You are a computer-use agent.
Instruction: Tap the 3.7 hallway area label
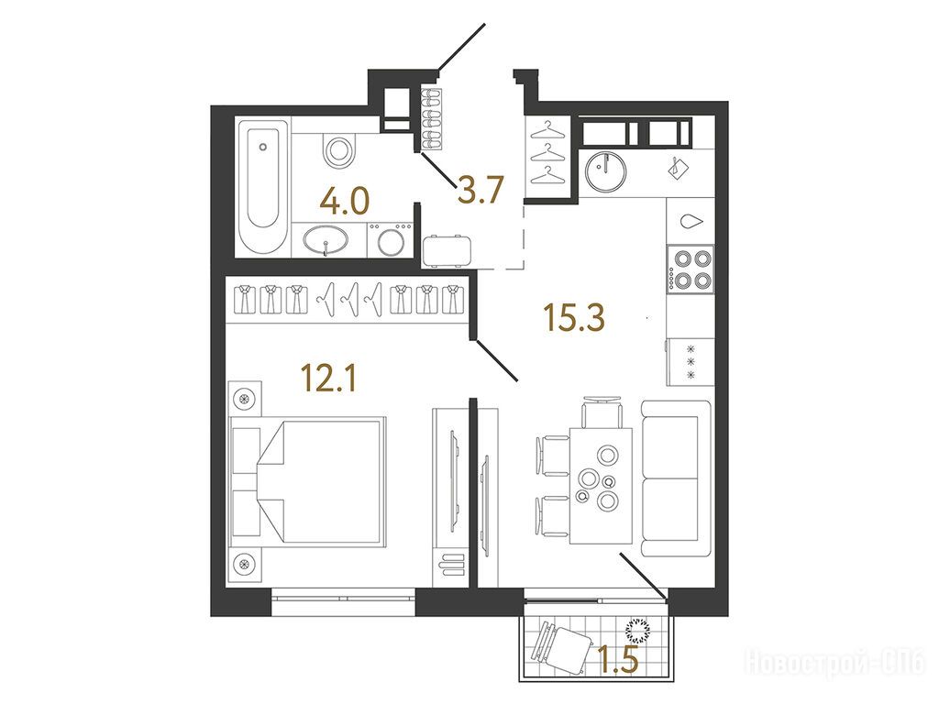coord(481,190)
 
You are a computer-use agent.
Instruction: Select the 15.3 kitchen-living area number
coord(574,317)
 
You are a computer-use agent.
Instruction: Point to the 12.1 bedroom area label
coord(329,378)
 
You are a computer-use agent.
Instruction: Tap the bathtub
coord(262,187)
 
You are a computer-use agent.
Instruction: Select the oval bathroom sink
coord(326,241)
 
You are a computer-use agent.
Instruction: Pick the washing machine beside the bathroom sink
coord(390,240)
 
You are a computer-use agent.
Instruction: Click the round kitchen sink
coord(607,170)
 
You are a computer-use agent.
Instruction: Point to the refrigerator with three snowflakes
coord(690,362)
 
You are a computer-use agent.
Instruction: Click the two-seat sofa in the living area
coord(677,478)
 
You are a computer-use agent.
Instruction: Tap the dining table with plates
coord(601,486)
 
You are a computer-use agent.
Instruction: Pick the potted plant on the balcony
coord(638,629)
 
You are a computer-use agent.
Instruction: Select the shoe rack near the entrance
coord(431,119)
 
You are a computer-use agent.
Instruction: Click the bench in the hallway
coord(447,251)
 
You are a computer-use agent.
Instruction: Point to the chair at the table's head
coord(602,412)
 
